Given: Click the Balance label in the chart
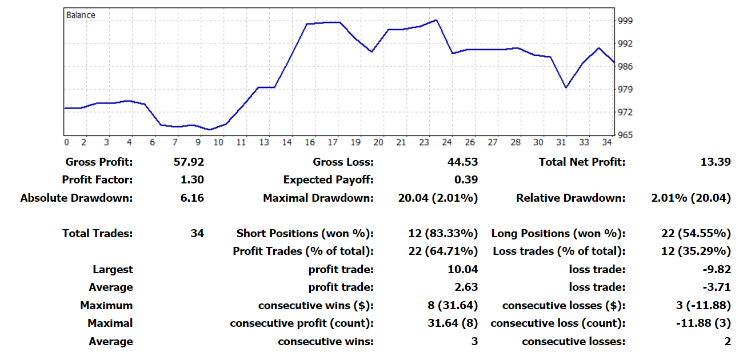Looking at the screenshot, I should pos(81,15).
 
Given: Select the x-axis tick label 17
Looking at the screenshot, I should pos(333,142).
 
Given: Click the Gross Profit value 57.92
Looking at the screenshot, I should pos(189,162).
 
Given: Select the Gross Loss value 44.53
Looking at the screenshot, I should pos(463,162).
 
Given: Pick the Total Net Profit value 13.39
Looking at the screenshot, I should pos(715,162).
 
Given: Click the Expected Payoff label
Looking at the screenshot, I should pos(328,180).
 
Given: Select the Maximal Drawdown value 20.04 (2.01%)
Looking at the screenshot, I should pos(438,198).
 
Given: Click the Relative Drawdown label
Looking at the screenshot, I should pos(570,198).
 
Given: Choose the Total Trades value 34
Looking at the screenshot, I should pos(197,233).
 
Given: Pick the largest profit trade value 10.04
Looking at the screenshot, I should pos(463,269).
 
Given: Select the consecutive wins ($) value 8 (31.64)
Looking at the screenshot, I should pos(449,305).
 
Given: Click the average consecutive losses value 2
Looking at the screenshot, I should pos(727,341).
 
